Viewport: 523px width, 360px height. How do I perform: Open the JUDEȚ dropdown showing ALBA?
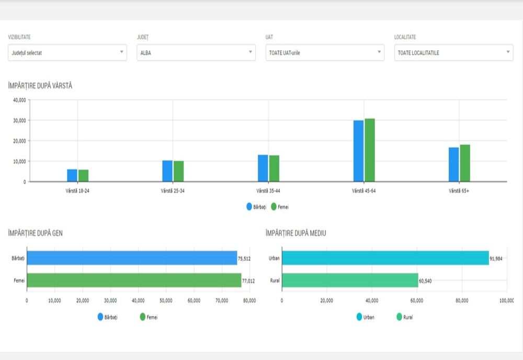point(196,52)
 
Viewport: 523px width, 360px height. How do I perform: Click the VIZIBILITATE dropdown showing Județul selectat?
point(67,52)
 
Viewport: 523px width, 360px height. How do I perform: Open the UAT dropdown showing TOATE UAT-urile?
point(325,52)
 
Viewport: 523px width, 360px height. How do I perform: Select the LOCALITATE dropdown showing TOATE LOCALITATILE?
point(453,52)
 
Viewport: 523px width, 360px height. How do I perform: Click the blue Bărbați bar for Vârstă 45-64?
point(358,151)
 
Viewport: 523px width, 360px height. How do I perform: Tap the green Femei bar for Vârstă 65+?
point(465,163)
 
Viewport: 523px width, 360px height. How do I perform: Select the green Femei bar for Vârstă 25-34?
point(179,171)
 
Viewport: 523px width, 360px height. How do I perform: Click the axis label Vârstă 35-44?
point(268,190)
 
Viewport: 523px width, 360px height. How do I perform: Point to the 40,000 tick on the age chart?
point(19,100)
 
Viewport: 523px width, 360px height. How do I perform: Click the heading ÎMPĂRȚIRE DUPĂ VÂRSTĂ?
point(40,86)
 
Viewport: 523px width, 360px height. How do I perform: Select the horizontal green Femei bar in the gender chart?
point(134,280)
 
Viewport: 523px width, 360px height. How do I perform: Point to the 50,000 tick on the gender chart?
point(166,300)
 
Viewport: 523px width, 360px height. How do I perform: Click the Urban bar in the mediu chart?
point(385,258)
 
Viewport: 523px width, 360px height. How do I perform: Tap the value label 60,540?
point(425,281)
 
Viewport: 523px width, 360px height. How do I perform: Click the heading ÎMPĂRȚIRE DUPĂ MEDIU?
point(295,233)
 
